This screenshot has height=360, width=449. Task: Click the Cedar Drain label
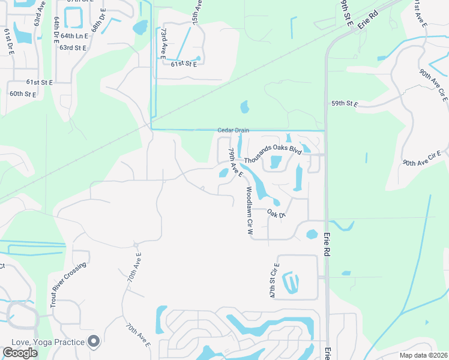233,131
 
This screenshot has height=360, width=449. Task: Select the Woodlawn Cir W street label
250,209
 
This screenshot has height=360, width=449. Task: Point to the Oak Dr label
276,214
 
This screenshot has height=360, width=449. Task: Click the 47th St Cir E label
274,280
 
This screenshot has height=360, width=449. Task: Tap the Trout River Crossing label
69,284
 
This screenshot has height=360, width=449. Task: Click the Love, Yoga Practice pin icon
93,341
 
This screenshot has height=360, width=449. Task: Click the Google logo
20,353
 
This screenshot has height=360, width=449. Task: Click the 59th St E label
345,104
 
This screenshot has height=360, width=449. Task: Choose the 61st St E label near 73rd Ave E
184,64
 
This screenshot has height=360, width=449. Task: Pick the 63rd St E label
74,47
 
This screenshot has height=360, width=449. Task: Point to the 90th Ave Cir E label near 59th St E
433,84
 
